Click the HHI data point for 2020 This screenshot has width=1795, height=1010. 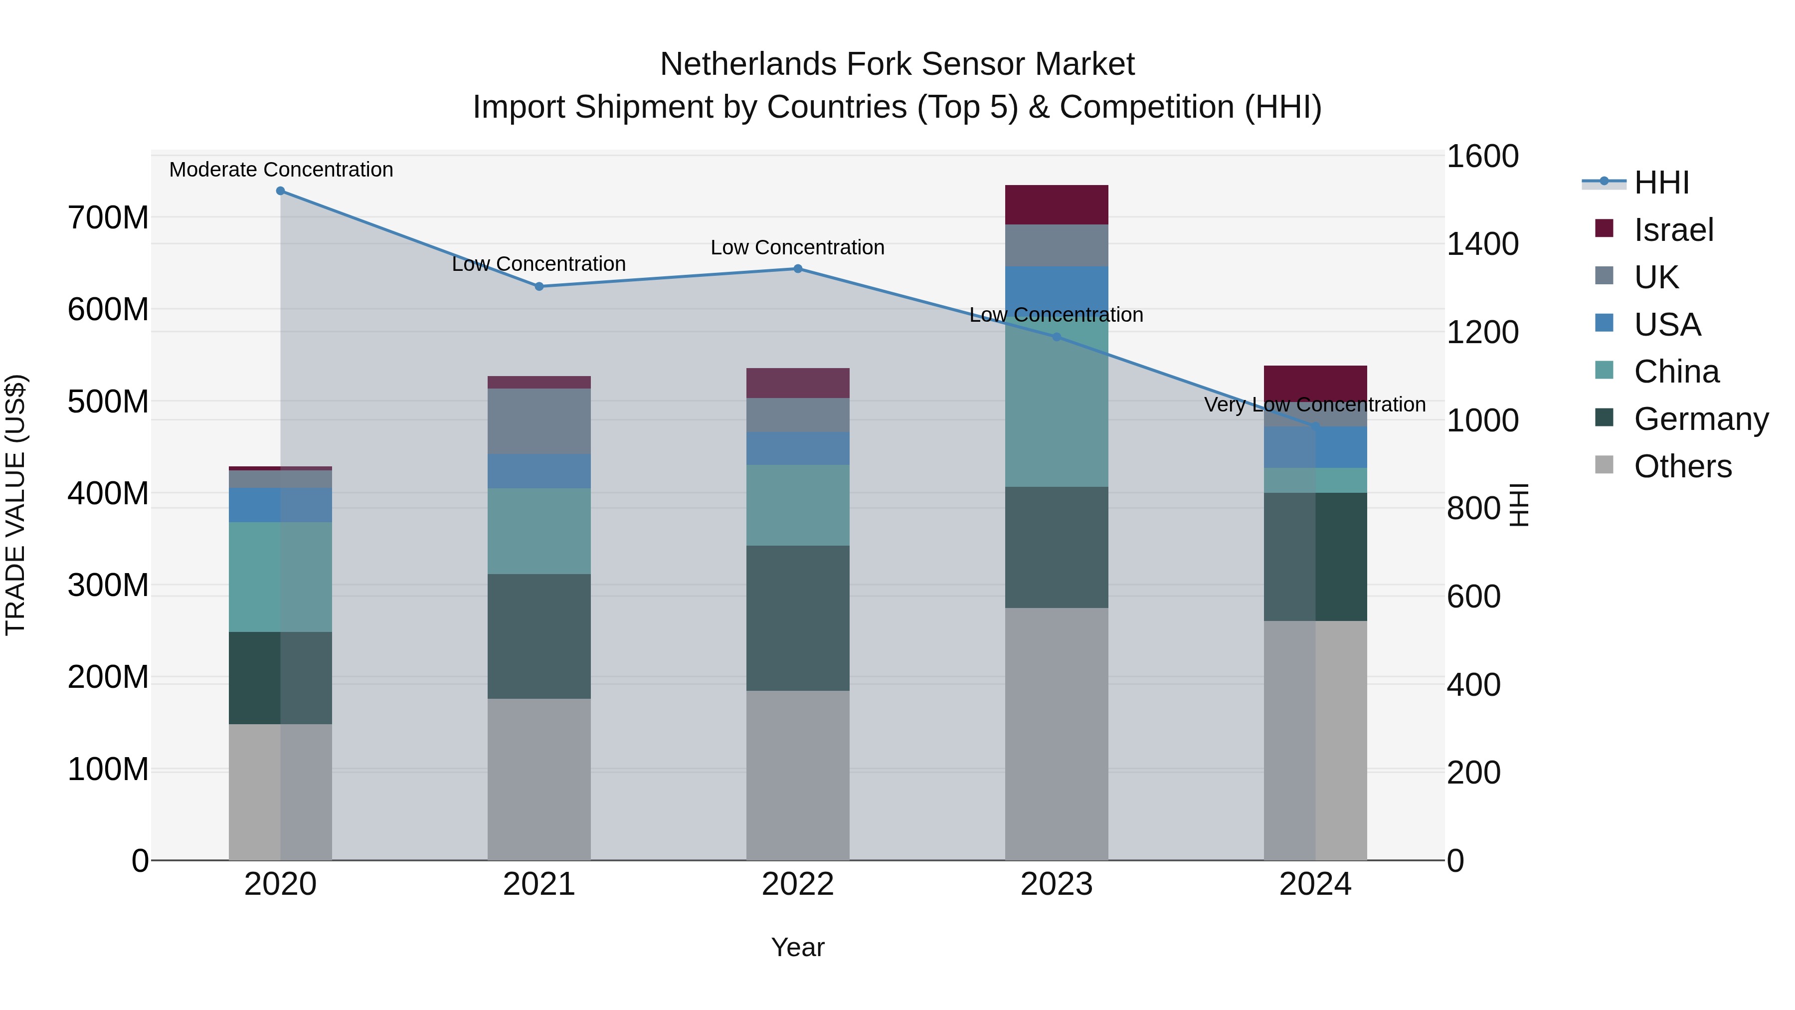[280, 191]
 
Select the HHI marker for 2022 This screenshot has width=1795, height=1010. [798, 269]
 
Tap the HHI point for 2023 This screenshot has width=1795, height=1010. [1057, 337]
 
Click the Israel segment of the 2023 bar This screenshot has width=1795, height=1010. [1057, 205]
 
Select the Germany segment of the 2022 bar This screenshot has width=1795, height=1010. [798, 618]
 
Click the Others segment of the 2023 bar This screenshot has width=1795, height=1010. [1057, 734]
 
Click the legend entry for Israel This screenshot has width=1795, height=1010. [1673, 230]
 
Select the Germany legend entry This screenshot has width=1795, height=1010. [1700, 419]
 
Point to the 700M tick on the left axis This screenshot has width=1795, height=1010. [108, 217]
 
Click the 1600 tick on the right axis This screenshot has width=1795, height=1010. [1482, 156]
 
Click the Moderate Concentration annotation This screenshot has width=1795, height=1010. [281, 170]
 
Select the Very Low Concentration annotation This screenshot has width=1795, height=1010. [1314, 404]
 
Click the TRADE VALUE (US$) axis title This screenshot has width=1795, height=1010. [16, 505]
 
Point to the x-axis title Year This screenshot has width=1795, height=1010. [798, 947]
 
